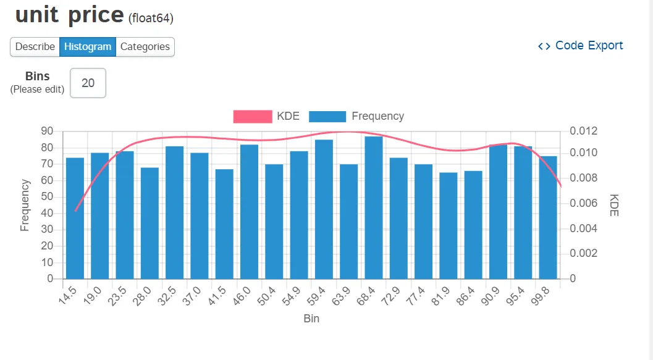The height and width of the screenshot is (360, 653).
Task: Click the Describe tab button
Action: point(35,46)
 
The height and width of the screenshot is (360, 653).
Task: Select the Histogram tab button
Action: point(88,46)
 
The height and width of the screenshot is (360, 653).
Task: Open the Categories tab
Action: point(145,46)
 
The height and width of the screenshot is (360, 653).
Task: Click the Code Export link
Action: point(581,46)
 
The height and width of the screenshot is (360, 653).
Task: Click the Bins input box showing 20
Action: point(88,83)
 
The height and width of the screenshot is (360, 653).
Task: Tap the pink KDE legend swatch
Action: point(252,116)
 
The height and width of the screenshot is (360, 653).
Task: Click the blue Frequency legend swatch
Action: point(327,116)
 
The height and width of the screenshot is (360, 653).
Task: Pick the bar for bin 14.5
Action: point(75,218)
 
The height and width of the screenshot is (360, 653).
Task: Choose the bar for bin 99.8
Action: point(548,217)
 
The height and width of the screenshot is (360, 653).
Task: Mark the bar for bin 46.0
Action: point(249,211)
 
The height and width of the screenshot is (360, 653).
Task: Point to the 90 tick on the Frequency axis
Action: point(47,131)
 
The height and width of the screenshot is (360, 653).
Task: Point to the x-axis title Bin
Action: point(311,319)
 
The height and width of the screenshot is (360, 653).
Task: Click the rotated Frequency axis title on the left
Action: point(25,205)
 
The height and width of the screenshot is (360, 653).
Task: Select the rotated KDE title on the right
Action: point(614,205)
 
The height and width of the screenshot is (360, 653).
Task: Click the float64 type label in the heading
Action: point(151,19)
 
